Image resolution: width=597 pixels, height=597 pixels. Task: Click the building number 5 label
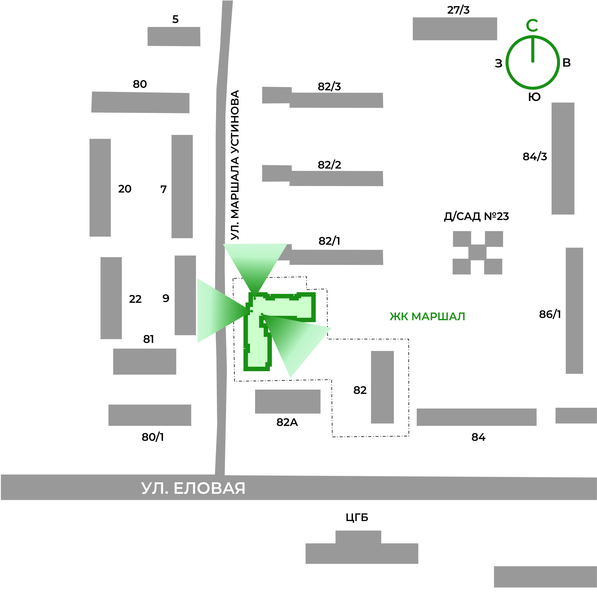175,19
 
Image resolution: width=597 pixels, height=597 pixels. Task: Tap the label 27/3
458,10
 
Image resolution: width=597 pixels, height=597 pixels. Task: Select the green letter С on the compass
532,26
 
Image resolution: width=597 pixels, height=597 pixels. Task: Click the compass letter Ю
534,97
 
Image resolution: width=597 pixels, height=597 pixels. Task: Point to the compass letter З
498,63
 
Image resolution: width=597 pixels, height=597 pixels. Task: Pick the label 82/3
329,87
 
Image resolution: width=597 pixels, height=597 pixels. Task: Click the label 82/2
329,165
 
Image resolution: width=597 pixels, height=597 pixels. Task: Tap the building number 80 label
140,84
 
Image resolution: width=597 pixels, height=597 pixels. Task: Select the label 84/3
535,157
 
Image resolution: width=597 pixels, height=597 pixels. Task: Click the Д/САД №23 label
476,216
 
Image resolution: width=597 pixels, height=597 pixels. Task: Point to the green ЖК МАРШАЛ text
427,316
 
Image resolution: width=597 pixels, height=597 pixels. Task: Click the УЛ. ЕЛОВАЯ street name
193,488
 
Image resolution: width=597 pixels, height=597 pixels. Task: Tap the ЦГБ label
357,517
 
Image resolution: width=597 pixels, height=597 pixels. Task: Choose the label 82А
287,422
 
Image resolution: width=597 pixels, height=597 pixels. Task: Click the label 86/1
550,314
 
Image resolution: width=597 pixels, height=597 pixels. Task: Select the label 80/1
153,437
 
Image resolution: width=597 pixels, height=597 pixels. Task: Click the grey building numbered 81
145,362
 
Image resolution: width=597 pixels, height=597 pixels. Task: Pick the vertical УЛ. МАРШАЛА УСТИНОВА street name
235,165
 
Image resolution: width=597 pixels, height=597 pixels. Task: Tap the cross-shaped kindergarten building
477,253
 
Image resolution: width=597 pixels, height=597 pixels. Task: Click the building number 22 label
135,299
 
